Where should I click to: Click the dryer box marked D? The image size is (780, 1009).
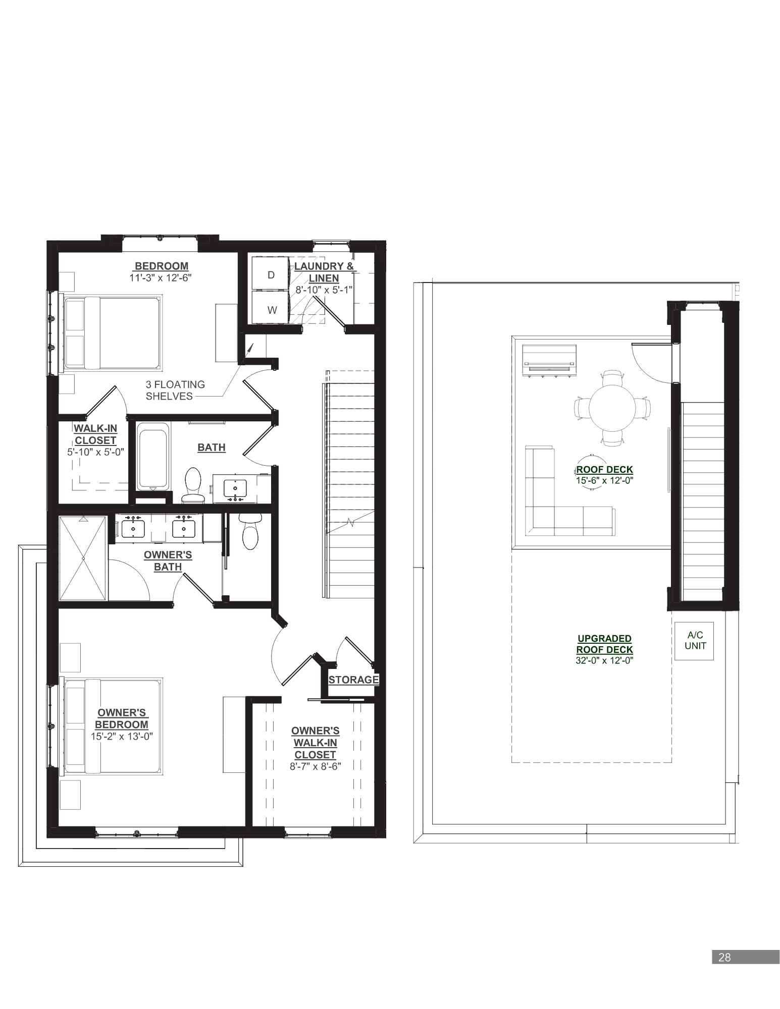click(x=271, y=274)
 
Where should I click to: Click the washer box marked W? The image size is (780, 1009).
click(x=272, y=309)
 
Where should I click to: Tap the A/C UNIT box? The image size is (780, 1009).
click(x=695, y=640)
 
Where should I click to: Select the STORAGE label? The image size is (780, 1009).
click(x=353, y=680)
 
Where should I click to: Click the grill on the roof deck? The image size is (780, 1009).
click(x=549, y=360)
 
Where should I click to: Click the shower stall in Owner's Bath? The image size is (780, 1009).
click(x=83, y=557)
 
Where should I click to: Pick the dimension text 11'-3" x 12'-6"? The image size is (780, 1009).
click(x=161, y=277)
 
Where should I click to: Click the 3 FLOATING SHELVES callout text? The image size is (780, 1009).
click(x=175, y=390)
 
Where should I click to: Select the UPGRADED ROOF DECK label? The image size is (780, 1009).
click(x=604, y=644)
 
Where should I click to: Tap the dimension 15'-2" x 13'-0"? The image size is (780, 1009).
click(x=122, y=736)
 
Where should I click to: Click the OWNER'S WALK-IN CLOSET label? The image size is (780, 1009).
click(x=315, y=743)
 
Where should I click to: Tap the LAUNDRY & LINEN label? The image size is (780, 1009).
click(x=324, y=272)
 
